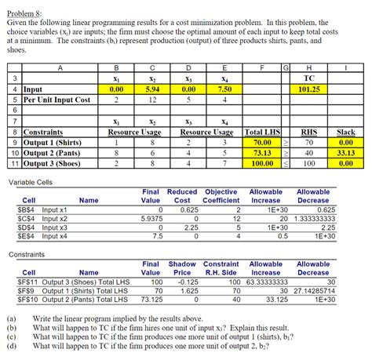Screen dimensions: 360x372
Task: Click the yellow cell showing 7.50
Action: pyautogui.click(x=224, y=89)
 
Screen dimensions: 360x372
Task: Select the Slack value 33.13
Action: pyautogui.click(x=346, y=153)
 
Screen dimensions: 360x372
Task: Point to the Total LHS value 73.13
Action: pyautogui.click(x=262, y=153)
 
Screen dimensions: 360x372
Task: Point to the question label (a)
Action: pyautogui.click(x=11, y=319)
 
